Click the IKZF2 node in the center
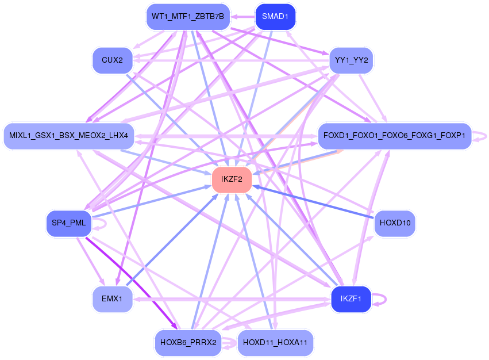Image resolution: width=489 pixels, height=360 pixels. click(x=232, y=179)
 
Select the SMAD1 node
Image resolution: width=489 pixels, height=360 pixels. click(x=275, y=17)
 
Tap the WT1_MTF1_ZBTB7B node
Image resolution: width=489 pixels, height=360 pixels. click(x=188, y=17)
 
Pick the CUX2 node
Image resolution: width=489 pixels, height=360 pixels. click(x=112, y=60)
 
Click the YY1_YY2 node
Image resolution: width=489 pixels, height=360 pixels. click(x=351, y=60)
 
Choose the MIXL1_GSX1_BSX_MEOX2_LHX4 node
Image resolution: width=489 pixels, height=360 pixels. click(x=68, y=136)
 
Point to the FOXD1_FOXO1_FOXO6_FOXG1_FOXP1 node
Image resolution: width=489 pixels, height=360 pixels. click(x=395, y=136)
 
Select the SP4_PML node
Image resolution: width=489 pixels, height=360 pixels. click(x=68, y=223)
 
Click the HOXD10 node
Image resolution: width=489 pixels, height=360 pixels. click(x=395, y=223)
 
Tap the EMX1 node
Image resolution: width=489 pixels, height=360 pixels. click(x=112, y=299)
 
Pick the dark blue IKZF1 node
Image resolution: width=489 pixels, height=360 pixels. click(x=351, y=299)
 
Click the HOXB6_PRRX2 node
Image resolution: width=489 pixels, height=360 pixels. click(x=188, y=343)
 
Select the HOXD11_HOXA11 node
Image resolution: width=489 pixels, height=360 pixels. click(x=275, y=343)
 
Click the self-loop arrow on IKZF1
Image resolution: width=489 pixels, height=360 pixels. click(x=379, y=299)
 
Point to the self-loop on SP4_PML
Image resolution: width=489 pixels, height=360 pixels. click(x=99, y=224)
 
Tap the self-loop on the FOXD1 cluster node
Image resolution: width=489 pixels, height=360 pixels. click(x=479, y=136)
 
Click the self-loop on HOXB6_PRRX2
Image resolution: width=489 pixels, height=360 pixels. click(x=229, y=343)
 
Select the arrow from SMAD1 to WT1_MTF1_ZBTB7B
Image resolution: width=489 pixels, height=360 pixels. click(x=242, y=17)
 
